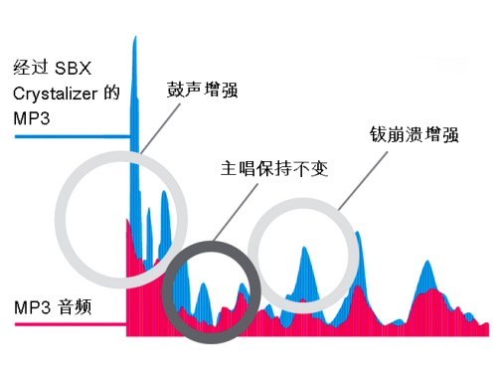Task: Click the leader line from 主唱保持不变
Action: click(230, 212)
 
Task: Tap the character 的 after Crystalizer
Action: click(112, 94)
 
